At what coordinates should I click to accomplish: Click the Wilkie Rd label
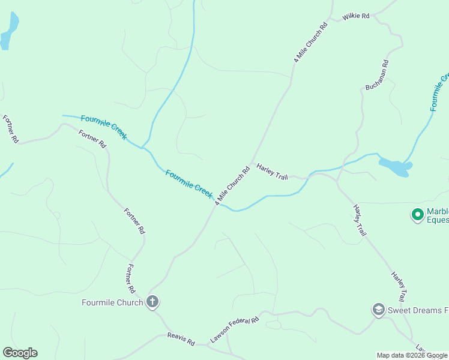(356, 16)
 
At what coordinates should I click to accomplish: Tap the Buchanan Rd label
(378, 75)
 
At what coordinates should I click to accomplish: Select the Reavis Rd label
(181, 339)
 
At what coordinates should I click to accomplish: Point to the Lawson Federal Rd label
(234, 329)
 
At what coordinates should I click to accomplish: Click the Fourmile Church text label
(112, 302)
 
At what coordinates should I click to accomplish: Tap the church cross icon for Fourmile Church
(152, 302)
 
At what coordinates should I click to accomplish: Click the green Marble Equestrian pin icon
(417, 214)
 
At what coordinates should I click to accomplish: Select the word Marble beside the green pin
(438, 211)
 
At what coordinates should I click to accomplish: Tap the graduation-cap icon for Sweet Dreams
(378, 310)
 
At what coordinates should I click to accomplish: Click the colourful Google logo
(20, 353)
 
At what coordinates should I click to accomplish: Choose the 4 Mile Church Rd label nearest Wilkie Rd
(310, 43)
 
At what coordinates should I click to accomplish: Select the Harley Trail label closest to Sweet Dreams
(399, 286)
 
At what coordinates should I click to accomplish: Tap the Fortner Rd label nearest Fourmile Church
(131, 277)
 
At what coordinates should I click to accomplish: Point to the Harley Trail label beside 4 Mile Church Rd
(273, 171)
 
